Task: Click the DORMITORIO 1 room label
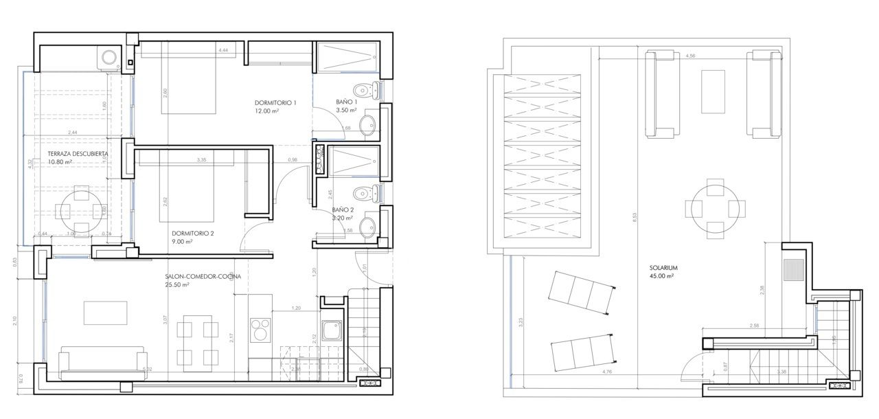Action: pyautogui.click(x=275, y=103)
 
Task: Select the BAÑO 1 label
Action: pyautogui.click(x=346, y=102)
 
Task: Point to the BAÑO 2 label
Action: pyautogui.click(x=343, y=209)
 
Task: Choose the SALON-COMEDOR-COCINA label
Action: pyautogui.click(x=203, y=277)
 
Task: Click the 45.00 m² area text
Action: pyautogui.click(x=661, y=276)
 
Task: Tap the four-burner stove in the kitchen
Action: pyautogui.click(x=261, y=329)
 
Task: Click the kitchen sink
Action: pyautogui.click(x=333, y=331)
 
